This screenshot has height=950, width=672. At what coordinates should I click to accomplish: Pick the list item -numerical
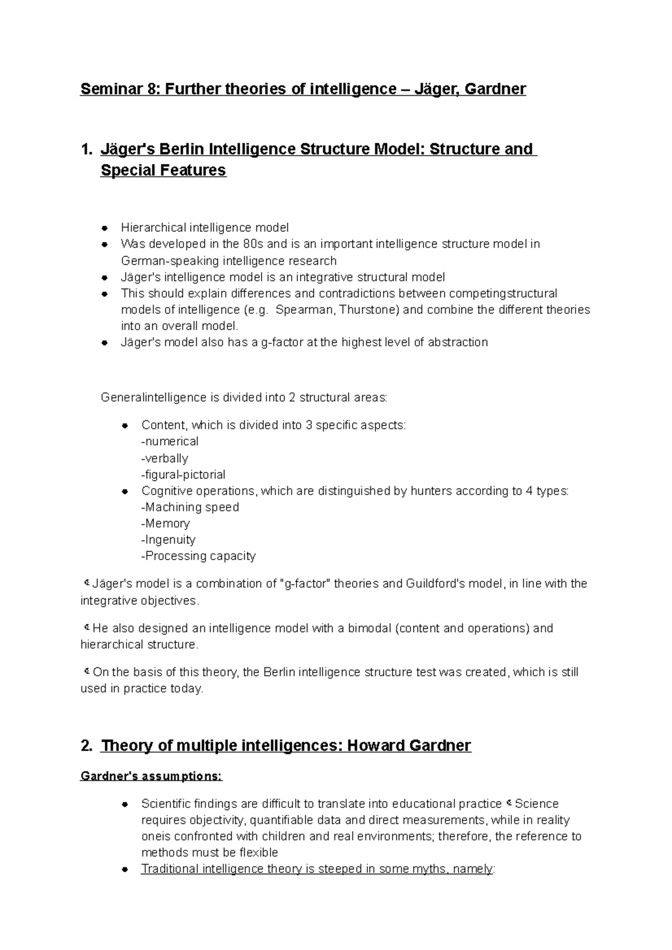[x=170, y=441]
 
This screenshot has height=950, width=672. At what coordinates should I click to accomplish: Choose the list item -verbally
[x=165, y=458]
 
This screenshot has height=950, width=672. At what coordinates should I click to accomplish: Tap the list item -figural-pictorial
[x=183, y=474]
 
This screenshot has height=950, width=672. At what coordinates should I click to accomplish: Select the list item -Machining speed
[x=190, y=507]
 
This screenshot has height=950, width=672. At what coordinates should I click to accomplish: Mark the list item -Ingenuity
[x=168, y=540]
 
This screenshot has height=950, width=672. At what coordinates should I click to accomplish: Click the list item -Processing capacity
[x=198, y=556]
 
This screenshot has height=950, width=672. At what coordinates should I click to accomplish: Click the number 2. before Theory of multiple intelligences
[x=86, y=746]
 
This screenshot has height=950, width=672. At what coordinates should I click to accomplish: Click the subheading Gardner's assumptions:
[x=151, y=777]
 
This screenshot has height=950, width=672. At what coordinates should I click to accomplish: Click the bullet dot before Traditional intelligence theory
[x=126, y=869]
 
